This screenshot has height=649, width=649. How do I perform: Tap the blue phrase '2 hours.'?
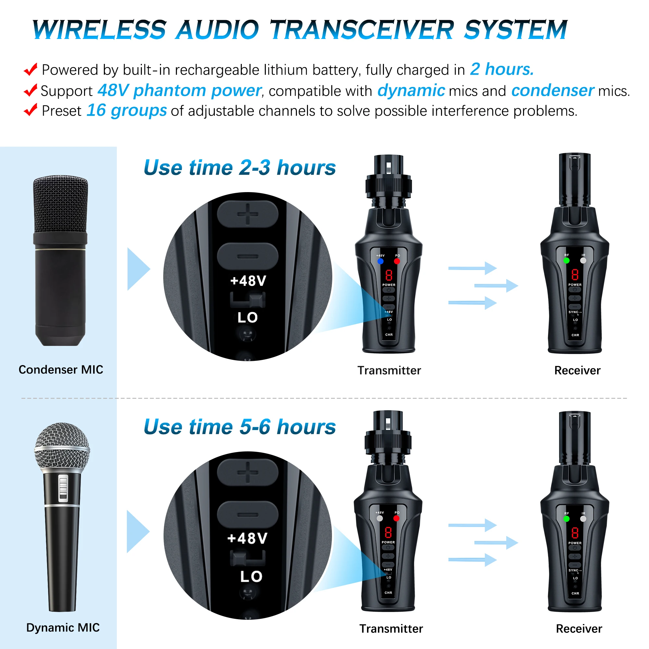pyautogui.click(x=502, y=69)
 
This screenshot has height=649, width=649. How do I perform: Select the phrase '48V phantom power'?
pyautogui.click(x=179, y=91)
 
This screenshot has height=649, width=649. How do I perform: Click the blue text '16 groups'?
pyautogui.click(x=127, y=111)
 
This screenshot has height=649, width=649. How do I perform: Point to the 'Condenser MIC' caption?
pyautogui.click(x=61, y=370)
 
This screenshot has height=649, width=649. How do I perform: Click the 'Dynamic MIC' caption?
pyautogui.click(x=63, y=628)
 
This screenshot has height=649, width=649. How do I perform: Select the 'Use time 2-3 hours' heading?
pyautogui.click(x=239, y=167)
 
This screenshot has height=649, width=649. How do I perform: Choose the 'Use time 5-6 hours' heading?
pyautogui.click(x=239, y=427)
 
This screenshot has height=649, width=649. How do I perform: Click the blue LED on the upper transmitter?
pyautogui.click(x=380, y=261)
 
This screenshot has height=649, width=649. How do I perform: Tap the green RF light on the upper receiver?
pyautogui.click(x=566, y=260)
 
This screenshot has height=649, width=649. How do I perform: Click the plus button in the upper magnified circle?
pyautogui.click(x=248, y=214)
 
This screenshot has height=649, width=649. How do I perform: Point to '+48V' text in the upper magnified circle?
pyautogui.click(x=248, y=281)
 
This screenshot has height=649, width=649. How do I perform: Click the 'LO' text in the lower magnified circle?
pyautogui.click(x=251, y=576)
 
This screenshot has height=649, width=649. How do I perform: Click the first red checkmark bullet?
pyautogui.click(x=31, y=69)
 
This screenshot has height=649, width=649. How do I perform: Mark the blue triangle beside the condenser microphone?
pyautogui.click(x=137, y=269)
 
